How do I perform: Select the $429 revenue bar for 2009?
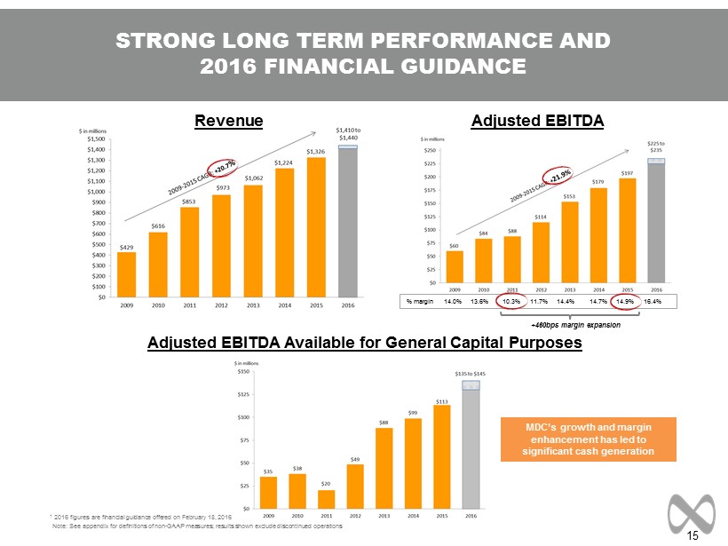[127, 274]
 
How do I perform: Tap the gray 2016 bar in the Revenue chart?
[348, 222]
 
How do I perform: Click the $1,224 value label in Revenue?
[284, 162]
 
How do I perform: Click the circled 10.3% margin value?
[511, 302]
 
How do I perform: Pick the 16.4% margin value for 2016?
[653, 302]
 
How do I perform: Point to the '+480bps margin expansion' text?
[582, 325]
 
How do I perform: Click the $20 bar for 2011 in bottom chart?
[326, 502]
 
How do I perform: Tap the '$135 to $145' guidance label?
[471, 374]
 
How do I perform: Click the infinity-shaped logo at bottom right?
[691, 507]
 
